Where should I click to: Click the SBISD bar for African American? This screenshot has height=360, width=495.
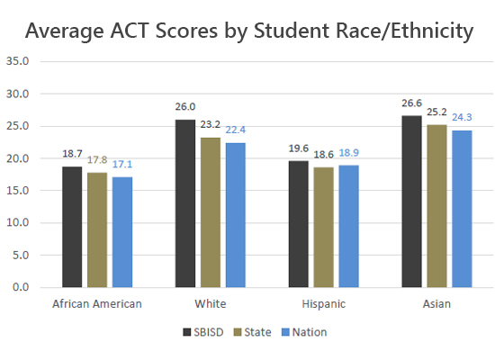click(x=72, y=227)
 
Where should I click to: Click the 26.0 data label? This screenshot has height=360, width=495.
click(x=185, y=106)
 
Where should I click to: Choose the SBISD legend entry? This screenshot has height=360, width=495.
click(x=203, y=332)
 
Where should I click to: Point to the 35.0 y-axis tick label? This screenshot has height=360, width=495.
click(x=17, y=62)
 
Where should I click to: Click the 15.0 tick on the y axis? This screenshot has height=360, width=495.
click(x=17, y=191)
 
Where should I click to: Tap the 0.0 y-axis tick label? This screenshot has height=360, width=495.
click(x=20, y=288)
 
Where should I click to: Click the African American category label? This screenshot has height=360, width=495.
click(x=96, y=303)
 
